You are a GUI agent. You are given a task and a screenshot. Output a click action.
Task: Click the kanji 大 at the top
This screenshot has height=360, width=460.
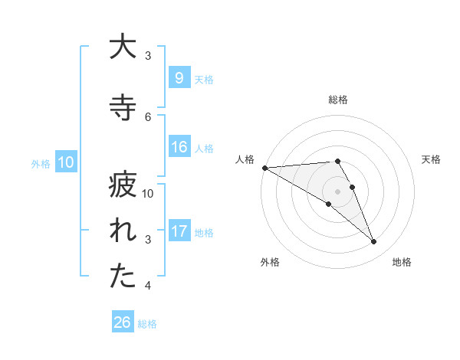[x=122, y=47]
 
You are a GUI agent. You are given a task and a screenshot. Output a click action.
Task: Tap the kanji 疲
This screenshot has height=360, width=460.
[x=122, y=185]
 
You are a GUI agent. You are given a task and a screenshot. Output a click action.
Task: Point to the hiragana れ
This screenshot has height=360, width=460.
[x=122, y=231]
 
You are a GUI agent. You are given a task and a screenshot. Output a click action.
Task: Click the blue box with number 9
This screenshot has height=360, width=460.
[x=179, y=78]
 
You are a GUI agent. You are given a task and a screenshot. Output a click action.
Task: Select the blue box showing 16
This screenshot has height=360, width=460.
[x=179, y=147]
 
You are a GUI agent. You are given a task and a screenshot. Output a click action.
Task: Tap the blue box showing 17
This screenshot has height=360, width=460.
[x=179, y=231]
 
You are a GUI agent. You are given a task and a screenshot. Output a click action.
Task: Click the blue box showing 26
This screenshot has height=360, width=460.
[x=122, y=322]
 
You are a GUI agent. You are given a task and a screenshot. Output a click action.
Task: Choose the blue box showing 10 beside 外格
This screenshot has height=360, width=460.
[x=65, y=162]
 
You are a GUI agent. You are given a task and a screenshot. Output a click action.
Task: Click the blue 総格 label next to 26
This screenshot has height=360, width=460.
[x=147, y=324]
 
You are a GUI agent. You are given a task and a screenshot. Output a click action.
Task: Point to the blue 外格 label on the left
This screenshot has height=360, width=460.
[x=40, y=163]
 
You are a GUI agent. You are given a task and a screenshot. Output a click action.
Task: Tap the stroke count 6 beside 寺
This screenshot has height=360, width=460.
[x=148, y=116]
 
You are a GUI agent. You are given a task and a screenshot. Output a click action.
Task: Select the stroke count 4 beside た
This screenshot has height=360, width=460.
[x=148, y=286]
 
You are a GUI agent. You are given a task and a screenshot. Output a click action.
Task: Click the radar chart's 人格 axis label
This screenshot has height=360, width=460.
[x=245, y=159]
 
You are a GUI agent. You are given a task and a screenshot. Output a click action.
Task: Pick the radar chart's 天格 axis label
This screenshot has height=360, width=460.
[x=431, y=159]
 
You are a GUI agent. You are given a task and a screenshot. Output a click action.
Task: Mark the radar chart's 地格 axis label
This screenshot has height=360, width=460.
[x=402, y=262]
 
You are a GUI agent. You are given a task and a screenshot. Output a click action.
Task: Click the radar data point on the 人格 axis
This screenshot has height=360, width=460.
[x=264, y=168]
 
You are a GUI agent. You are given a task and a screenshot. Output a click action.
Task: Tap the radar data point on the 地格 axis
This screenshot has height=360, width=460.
[x=373, y=242]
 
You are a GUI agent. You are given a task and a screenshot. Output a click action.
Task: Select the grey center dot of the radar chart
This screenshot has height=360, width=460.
[x=337, y=190]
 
